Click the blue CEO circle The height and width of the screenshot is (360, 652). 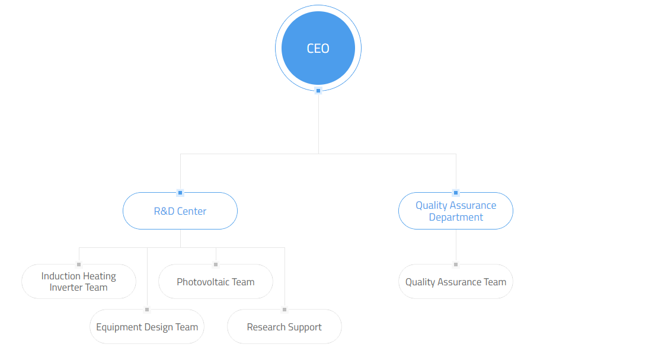318,48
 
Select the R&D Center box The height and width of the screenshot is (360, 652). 180,211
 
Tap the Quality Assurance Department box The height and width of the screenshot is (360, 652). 456,211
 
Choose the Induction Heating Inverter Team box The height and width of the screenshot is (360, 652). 79,281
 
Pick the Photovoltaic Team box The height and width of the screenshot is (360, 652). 215,281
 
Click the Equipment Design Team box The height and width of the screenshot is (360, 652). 147,327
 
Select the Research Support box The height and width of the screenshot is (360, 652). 285,327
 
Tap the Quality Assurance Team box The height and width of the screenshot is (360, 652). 456,281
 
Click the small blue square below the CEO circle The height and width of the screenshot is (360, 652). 318,91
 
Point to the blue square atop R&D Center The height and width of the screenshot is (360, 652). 180,193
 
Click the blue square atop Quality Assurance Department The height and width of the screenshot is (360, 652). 456,193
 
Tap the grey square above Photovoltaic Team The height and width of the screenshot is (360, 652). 215,265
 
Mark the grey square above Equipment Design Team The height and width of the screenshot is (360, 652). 147,310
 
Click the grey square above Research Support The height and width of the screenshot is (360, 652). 285,310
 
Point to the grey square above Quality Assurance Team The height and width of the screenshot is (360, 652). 456,265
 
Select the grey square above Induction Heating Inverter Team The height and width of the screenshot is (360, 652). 79,265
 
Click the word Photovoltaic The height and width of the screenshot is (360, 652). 203,282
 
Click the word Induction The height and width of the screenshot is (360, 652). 60,276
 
